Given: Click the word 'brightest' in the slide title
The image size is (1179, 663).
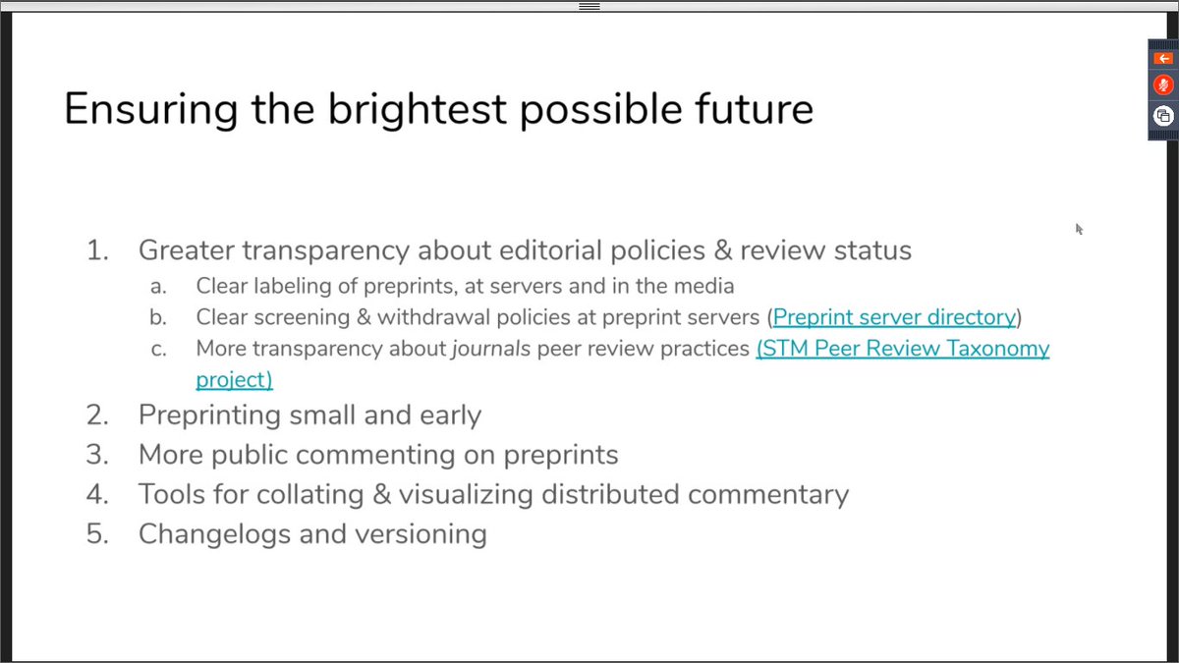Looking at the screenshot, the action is click(418, 109).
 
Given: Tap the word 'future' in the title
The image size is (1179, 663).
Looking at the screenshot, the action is click(754, 108).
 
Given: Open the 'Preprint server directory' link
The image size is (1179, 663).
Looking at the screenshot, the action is click(894, 317).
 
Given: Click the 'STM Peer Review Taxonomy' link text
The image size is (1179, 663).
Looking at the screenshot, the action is click(903, 349).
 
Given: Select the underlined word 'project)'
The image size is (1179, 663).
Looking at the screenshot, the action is click(234, 380).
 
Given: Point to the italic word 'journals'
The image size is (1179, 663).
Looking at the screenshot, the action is click(491, 349).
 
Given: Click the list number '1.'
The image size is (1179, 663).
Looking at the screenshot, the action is click(98, 249).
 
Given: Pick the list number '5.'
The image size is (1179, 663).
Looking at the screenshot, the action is click(98, 533).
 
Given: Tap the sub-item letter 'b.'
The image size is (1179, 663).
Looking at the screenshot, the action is click(158, 317).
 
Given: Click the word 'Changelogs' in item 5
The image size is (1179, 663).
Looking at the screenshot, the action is click(215, 534).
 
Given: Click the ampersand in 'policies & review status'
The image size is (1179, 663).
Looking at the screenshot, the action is click(723, 249).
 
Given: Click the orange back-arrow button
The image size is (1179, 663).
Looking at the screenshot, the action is click(1163, 58).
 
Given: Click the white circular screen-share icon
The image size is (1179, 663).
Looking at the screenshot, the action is click(1163, 116).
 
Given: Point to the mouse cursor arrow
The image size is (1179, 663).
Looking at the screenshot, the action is click(1079, 229).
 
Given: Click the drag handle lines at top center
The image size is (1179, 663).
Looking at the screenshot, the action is click(589, 6).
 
